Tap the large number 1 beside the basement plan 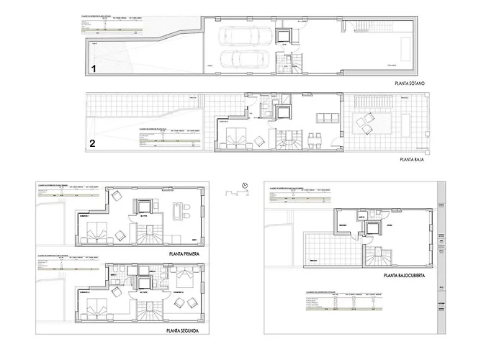click(93, 69)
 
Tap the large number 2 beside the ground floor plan click(93, 143)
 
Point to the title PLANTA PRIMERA click(184, 253)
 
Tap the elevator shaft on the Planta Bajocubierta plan click(372, 229)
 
